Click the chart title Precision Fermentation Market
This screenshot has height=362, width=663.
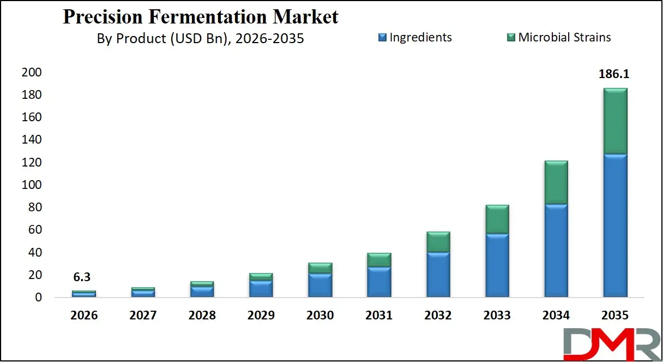201,16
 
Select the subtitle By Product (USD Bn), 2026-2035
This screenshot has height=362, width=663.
200,38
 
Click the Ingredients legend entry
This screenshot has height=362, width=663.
420,38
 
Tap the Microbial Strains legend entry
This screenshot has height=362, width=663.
564,38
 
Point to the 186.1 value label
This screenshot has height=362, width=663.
614,74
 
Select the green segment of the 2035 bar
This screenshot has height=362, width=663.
615,121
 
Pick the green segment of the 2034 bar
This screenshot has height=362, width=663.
556,182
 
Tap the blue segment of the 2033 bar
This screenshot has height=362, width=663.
497,265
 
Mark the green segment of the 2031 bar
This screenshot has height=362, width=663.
379,260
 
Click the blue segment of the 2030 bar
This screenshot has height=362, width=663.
320,285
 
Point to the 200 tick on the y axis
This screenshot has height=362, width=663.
32,73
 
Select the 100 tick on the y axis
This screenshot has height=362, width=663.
32,185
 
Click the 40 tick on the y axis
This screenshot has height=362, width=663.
34,253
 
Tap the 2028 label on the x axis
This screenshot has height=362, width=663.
202,316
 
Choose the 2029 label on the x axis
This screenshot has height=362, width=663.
261,316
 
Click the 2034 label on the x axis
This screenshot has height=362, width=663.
556,316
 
